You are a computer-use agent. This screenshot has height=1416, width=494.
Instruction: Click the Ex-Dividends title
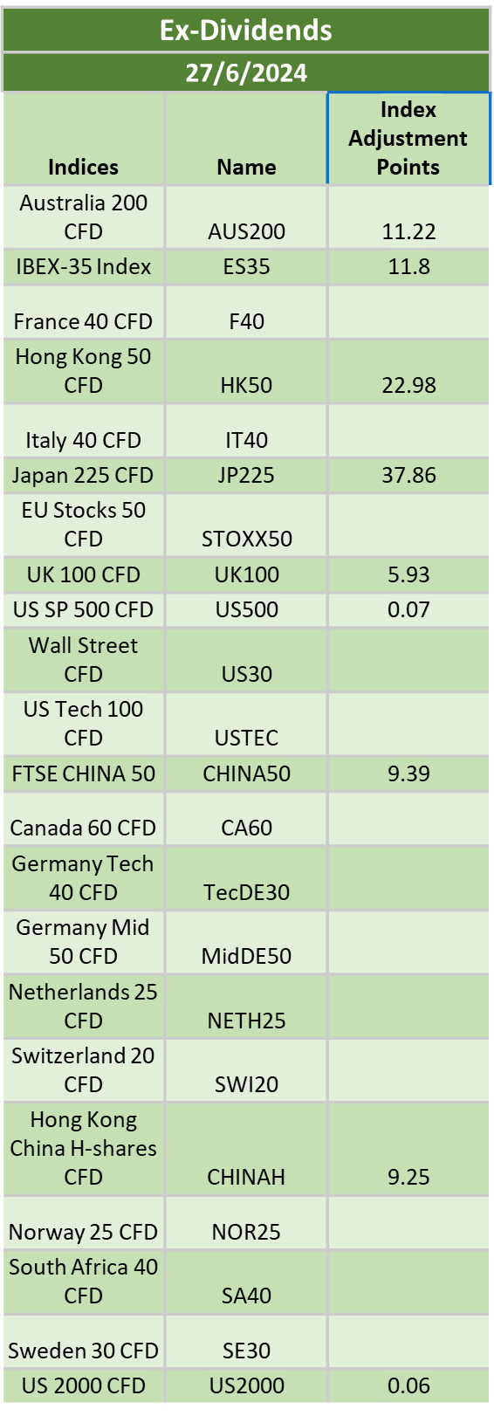point(246,30)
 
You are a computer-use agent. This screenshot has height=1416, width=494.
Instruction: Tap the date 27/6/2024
point(246,72)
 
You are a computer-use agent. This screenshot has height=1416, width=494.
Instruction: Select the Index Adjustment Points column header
point(408,138)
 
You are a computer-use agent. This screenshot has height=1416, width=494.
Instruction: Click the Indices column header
point(84,167)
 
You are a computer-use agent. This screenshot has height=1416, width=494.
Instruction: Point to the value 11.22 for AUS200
point(408,231)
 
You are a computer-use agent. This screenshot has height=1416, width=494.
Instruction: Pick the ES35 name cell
point(246,267)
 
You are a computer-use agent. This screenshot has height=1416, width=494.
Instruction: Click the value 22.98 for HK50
point(408,385)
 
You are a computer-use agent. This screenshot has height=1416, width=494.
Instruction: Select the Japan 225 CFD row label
point(83,476)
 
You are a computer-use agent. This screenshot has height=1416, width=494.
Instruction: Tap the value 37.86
point(408,476)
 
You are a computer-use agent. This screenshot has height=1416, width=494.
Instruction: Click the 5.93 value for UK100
point(408,574)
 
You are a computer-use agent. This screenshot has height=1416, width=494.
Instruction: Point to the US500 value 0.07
point(408,609)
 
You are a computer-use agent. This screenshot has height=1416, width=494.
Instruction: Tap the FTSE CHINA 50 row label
point(84,773)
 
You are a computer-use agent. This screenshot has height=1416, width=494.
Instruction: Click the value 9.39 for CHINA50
point(408,773)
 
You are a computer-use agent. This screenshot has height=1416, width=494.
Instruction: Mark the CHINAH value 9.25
point(408,1177)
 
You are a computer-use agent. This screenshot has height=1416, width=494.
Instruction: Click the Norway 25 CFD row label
point(84,1232)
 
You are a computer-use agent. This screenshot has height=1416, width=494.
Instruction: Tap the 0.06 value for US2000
point(408,1385)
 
